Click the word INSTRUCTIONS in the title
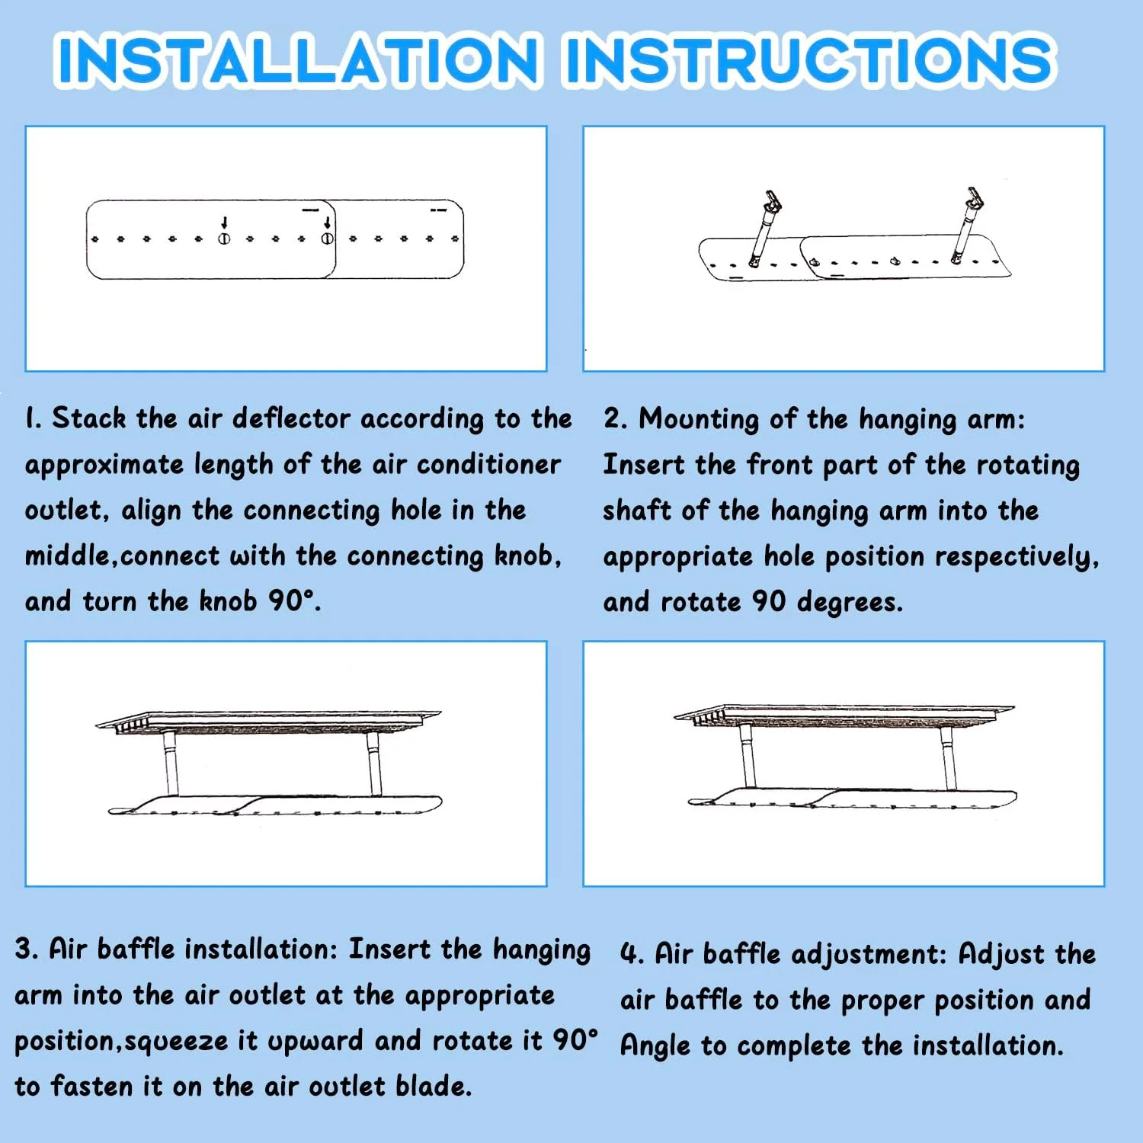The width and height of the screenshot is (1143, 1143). pyautogui.click(x=810, y=59)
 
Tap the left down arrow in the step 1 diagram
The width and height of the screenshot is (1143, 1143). pyautogui.click(x=224, y=223)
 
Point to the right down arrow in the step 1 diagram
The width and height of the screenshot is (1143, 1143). pyautogui.click(x=327, y=223)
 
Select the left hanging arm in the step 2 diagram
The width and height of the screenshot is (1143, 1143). pyautogui.click(x=764, y=229)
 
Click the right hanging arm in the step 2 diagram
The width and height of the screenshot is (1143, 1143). pyautogui.click(x=966, y=226)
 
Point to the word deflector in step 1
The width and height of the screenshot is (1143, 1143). pyautogui.click(x=292, y=418)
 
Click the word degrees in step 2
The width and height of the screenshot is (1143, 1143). pyautogui.click(x=850, y=603)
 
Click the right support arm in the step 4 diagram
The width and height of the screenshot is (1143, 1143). pyautogui.click(x=948, y=759)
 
